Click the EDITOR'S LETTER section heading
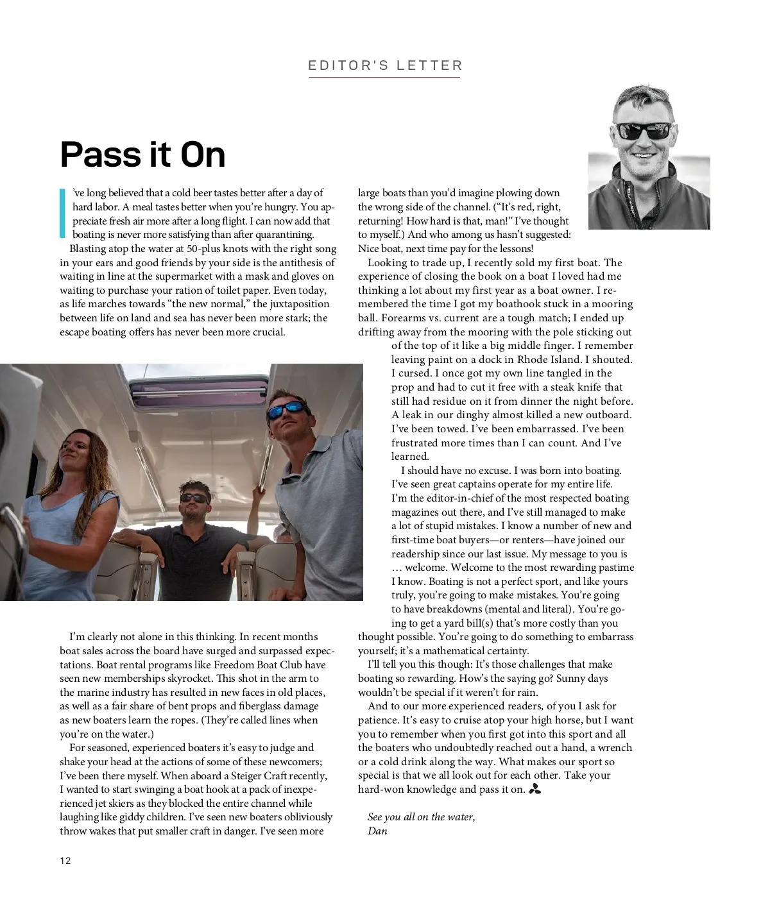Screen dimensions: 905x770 pos(385,65)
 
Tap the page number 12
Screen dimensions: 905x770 pos(65,861)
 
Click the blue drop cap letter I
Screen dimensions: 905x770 pos(62,213)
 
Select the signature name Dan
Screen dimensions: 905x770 pos(377,831)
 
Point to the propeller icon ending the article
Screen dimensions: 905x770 pos(535,790)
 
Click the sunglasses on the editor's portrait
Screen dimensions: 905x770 pos(642,131)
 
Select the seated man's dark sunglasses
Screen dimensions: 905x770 pos(194,498)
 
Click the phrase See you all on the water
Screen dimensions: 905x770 pos(421,816)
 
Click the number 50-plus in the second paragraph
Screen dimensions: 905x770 pos(203,249)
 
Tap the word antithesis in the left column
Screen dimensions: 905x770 pos(298,262)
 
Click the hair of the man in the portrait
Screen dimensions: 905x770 pos(639,96)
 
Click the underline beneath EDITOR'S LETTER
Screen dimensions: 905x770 pos(385,78)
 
